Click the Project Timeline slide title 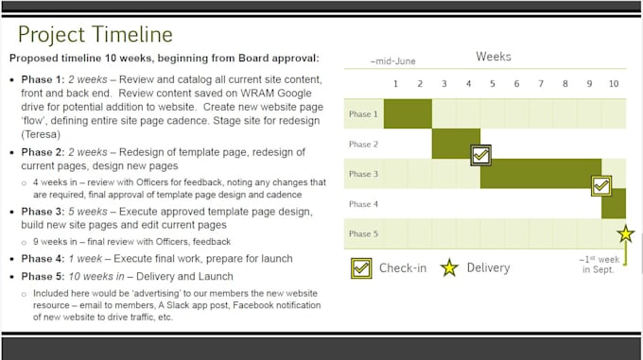pyautogui.click(x=95, y=35)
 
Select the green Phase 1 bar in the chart pyautogui.click(x=408, y=113)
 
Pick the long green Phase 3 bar pyautogui.click(x=539, y=173)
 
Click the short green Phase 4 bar pyautogui.click(x=614, y=203)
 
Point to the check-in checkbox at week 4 pyautogui.click(x=481, y=154)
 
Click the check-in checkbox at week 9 pyautogui.click(x=601, y=185)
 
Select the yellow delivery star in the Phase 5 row pyautogui.click(x=625, y=233)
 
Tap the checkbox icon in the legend pyautogui.click(x=361, y=267)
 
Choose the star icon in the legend pyautogui.click(x=449, y=267)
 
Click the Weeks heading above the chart pyautogui.click(x=493, y=57)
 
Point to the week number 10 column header pyautogui.click(x=614, y=84)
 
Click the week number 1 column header pyautogui.click(x=395, y=84)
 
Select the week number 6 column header pyautogui.click(x=516, y=84)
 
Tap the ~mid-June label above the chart pyautogui.click(x=392, y=61)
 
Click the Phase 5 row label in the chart pyautogui.click(x=363, y=233)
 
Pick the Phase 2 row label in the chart pyautogui.click(x=363, y=144)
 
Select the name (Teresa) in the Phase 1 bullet pyautogui.click(x=43, y=135)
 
